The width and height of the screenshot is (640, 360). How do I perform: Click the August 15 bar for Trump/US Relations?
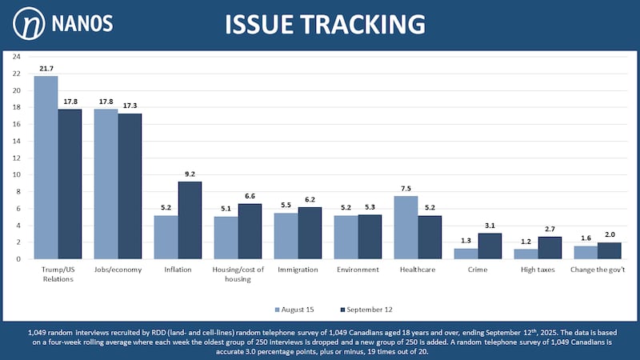coord(46,167)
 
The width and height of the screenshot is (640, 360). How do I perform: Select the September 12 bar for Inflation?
coord(190,220)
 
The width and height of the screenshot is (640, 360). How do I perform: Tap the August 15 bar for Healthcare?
coord(406,227)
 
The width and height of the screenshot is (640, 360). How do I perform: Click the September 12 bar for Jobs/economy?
coord(130,186)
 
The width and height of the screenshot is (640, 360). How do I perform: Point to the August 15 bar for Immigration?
coord(286,235)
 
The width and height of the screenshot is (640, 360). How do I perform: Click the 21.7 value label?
coord(46,69)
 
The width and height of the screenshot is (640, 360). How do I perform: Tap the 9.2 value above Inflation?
coord(190,174)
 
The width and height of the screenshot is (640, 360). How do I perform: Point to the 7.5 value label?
coord(406,189)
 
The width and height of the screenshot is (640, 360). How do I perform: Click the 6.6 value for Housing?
coord(250,196)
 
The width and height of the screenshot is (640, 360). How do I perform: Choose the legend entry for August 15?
coord(296,309)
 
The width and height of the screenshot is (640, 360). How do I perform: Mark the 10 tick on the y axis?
coord(17,174)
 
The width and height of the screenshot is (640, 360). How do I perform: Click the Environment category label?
coord(358,270)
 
